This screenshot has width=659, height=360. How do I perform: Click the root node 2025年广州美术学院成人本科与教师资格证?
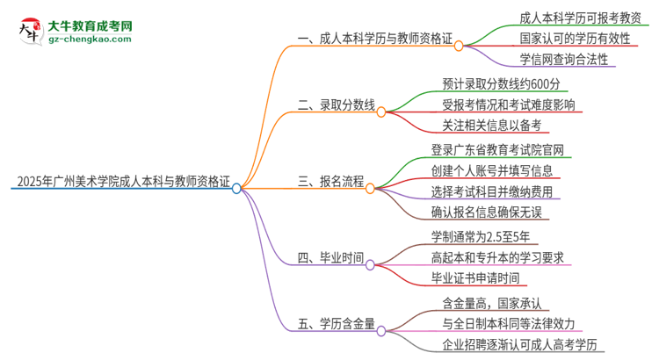[x=123, y=184]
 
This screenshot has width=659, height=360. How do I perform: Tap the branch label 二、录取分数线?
[x=337, y=106]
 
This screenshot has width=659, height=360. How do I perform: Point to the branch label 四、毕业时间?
[x=330, y=260]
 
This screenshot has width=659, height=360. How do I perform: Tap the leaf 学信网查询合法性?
[x=551, y=60]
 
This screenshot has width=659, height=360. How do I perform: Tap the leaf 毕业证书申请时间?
[x=475, y=277]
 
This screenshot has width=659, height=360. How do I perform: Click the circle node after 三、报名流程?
[x=370, y=187]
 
